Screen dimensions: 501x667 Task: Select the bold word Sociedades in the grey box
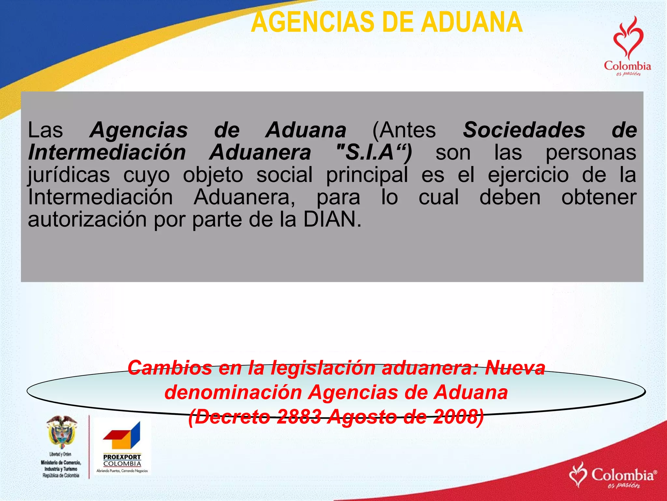tap(524, 130)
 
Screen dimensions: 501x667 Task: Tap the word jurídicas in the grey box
tap(69, 175)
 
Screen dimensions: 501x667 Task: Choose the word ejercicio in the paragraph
tap(528, 175)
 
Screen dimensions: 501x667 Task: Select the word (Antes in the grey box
tap(404, 130)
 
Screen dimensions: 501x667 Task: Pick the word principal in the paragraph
tap(367, 175)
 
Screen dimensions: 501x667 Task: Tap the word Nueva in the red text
tap(515, 368)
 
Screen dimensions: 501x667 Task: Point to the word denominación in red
tap(233, 392)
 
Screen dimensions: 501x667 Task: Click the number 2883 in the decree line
tap(299, 417)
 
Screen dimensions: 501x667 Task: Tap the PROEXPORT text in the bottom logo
tap(122, 457)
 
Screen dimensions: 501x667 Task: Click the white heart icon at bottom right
tap(578, 474)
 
